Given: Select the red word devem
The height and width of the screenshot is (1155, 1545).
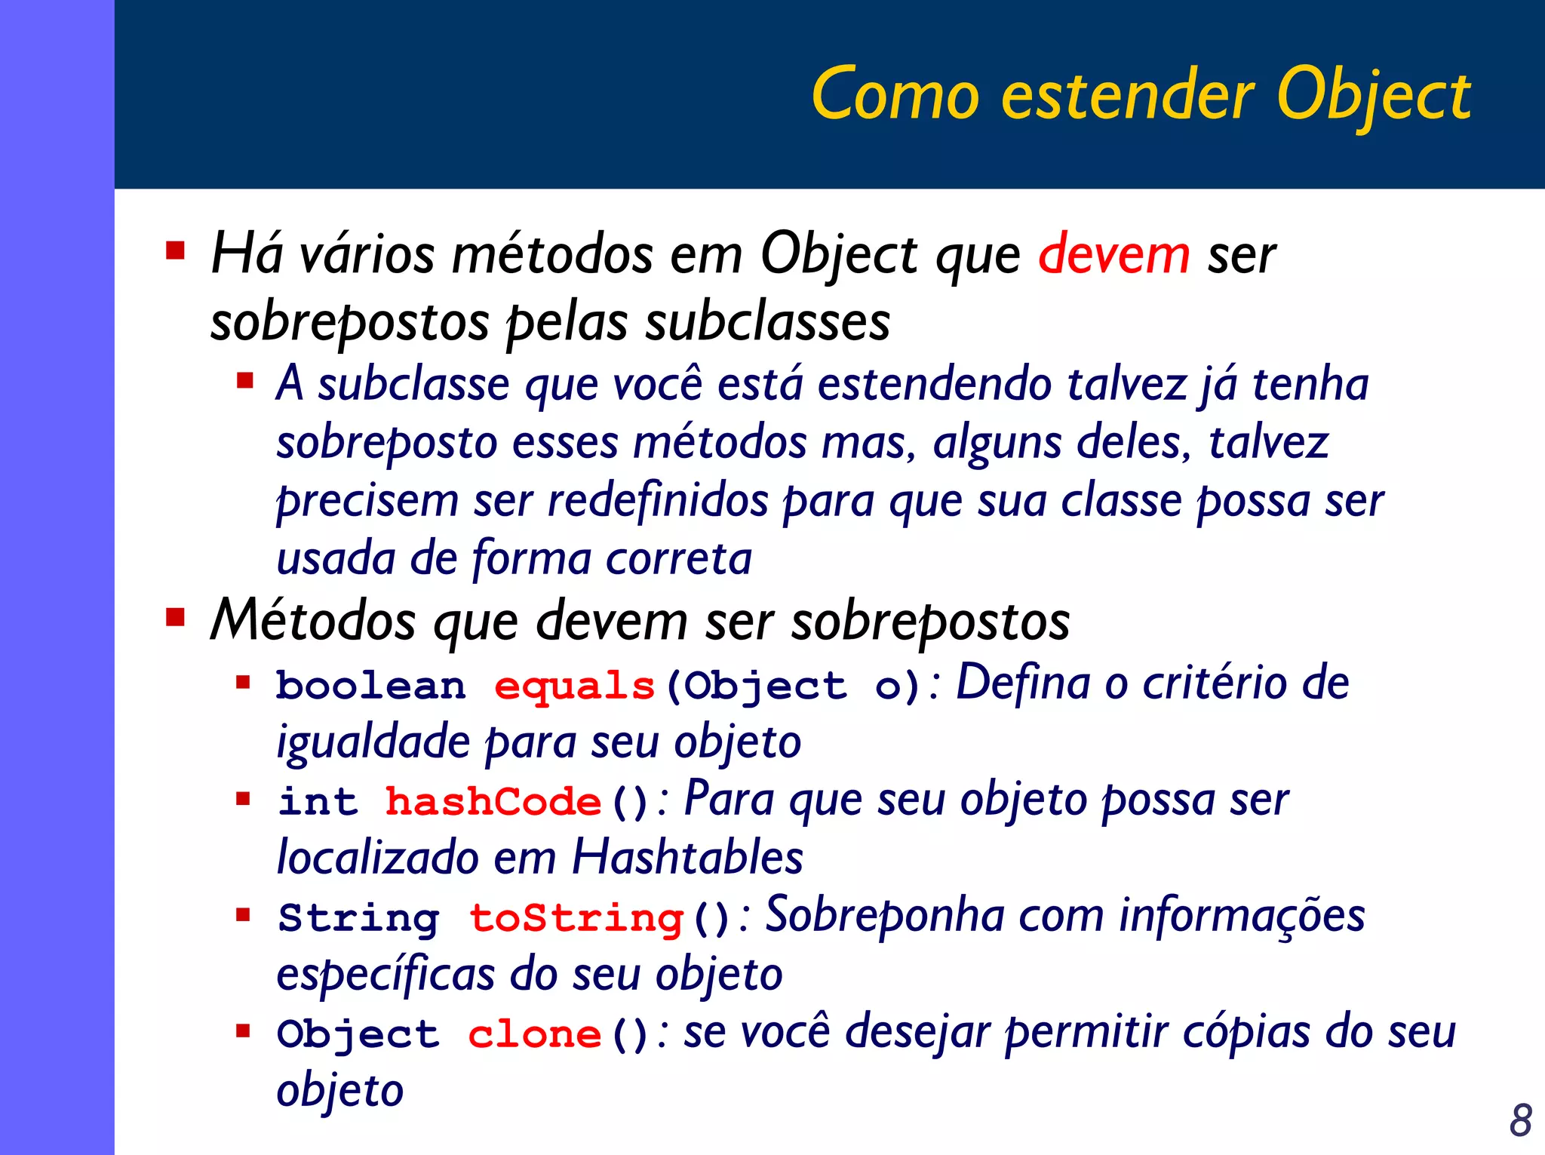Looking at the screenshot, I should click(x=1113, y=255).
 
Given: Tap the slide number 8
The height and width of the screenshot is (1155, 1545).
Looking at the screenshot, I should click(x=1520, y=1120).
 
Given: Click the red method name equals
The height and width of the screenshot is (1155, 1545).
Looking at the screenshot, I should click(x=574, y=687).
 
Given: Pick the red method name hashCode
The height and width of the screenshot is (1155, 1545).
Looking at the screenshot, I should click(x=493, y=802).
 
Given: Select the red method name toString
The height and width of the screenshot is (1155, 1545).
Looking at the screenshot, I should click(x=576, y=918).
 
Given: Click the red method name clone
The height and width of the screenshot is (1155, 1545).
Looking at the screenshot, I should click(x=534, y=1034).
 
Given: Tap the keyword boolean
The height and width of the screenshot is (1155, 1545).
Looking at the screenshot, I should click(x=370, y=687).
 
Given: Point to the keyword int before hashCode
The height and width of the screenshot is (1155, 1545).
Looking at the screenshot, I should click(x=318, y=802).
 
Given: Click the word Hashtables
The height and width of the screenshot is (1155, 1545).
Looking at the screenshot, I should click(x=687, y=858).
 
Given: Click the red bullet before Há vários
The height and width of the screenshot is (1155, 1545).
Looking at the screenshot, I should click(x=176, y=250).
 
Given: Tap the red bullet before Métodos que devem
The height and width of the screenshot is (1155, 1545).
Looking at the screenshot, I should click(x=176, y=618).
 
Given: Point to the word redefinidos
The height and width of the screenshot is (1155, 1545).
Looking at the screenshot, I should click(x=657, y=501).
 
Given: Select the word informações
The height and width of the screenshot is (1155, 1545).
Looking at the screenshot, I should click(x=1242, y=916).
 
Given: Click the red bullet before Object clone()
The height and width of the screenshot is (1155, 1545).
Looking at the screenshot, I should click(x=243, y=1031).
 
